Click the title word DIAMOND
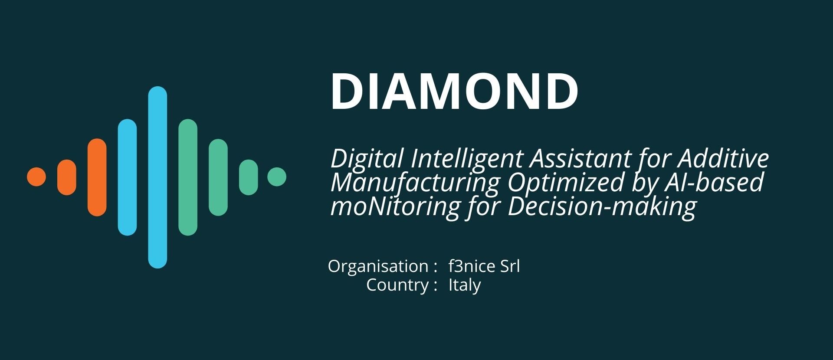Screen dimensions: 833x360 454,92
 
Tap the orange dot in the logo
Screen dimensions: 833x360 36,177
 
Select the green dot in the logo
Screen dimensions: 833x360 277,177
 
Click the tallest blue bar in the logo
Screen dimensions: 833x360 157,177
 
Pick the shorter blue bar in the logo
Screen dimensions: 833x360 127,177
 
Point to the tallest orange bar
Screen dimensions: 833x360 97,177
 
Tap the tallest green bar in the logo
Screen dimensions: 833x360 188,177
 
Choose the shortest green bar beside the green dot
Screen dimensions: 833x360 249,177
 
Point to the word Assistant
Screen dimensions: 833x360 580,158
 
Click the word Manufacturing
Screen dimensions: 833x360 415,183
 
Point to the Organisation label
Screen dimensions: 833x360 378,266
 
